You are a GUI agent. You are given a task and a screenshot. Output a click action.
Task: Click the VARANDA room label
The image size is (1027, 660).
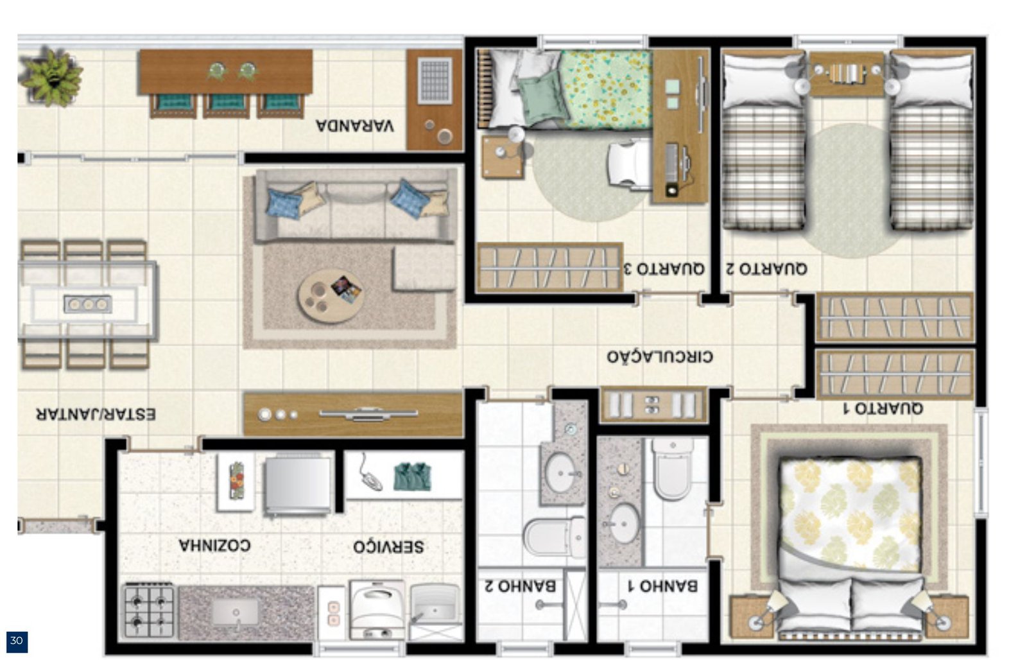355,126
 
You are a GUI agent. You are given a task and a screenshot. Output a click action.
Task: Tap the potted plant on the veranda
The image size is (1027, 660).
51,77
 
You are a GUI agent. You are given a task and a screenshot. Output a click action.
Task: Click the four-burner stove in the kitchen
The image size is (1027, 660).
149,611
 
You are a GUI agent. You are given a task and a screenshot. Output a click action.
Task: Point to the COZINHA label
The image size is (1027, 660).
214,545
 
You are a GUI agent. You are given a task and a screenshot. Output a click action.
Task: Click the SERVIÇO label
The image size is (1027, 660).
388,546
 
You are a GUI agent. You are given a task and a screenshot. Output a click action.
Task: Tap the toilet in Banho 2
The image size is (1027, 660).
555,537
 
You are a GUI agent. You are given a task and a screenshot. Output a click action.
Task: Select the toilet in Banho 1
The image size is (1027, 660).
673,469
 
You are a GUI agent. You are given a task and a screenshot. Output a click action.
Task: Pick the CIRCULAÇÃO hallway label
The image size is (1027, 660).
660,356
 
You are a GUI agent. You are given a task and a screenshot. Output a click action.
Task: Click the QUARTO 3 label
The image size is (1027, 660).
664,268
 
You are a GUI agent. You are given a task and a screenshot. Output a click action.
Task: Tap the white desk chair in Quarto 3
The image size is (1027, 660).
630,164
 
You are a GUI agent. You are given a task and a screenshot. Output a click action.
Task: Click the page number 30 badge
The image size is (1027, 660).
17,641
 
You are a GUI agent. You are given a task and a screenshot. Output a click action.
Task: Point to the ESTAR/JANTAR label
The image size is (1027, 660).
96,414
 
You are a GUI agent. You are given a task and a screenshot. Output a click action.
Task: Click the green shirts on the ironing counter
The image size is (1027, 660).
413,476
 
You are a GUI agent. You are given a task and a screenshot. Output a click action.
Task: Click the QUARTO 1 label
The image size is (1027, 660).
883,408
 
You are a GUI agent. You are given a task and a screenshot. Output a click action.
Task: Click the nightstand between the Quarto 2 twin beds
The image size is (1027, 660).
847,73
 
